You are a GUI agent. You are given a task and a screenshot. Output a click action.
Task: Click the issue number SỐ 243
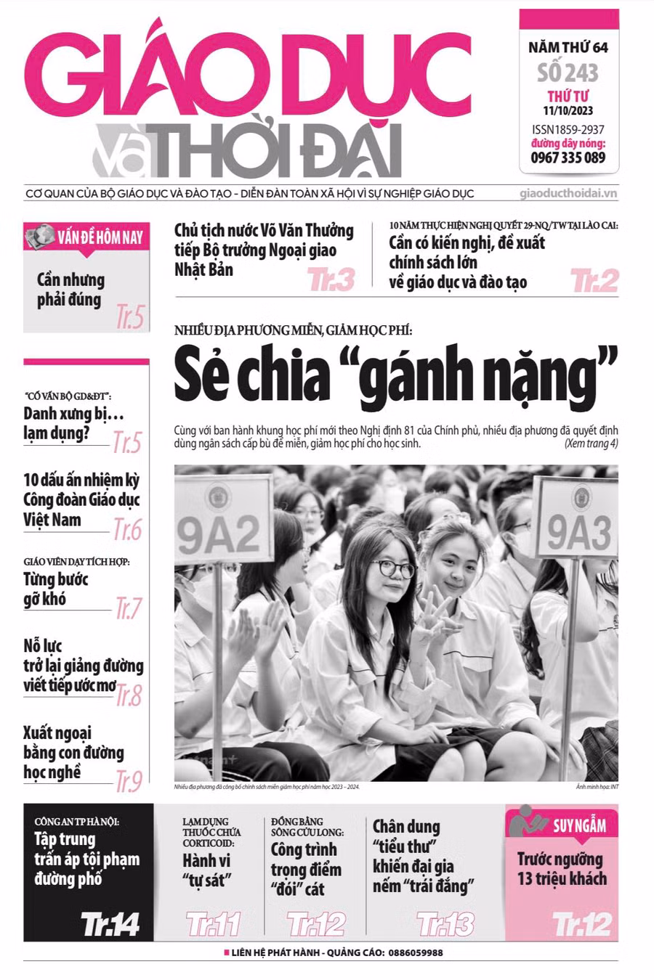pos(568,73)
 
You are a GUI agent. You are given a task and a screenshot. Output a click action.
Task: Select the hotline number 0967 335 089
pos(568,158)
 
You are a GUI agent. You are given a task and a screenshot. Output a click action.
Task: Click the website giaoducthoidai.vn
pos(568,194)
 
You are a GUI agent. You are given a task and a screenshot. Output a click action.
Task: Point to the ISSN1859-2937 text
pos(568,129)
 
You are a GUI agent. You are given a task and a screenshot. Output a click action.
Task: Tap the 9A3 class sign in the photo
pos(578,532)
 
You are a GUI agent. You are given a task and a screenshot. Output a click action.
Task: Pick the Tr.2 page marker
pos(594,280)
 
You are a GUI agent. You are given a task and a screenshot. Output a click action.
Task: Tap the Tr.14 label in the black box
pos(110,924)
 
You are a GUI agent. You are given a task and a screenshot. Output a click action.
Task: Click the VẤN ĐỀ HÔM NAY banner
pos(86,237)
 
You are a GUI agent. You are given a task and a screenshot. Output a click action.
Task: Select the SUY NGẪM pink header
pos(562,825)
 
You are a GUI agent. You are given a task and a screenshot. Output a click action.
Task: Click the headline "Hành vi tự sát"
pos(206,870)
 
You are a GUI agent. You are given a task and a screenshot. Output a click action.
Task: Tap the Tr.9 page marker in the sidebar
pos(129,781)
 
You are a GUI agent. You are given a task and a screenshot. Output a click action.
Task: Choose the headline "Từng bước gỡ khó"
pos(55,589)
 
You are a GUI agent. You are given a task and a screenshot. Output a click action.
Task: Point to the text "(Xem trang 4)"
pos(591,444)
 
